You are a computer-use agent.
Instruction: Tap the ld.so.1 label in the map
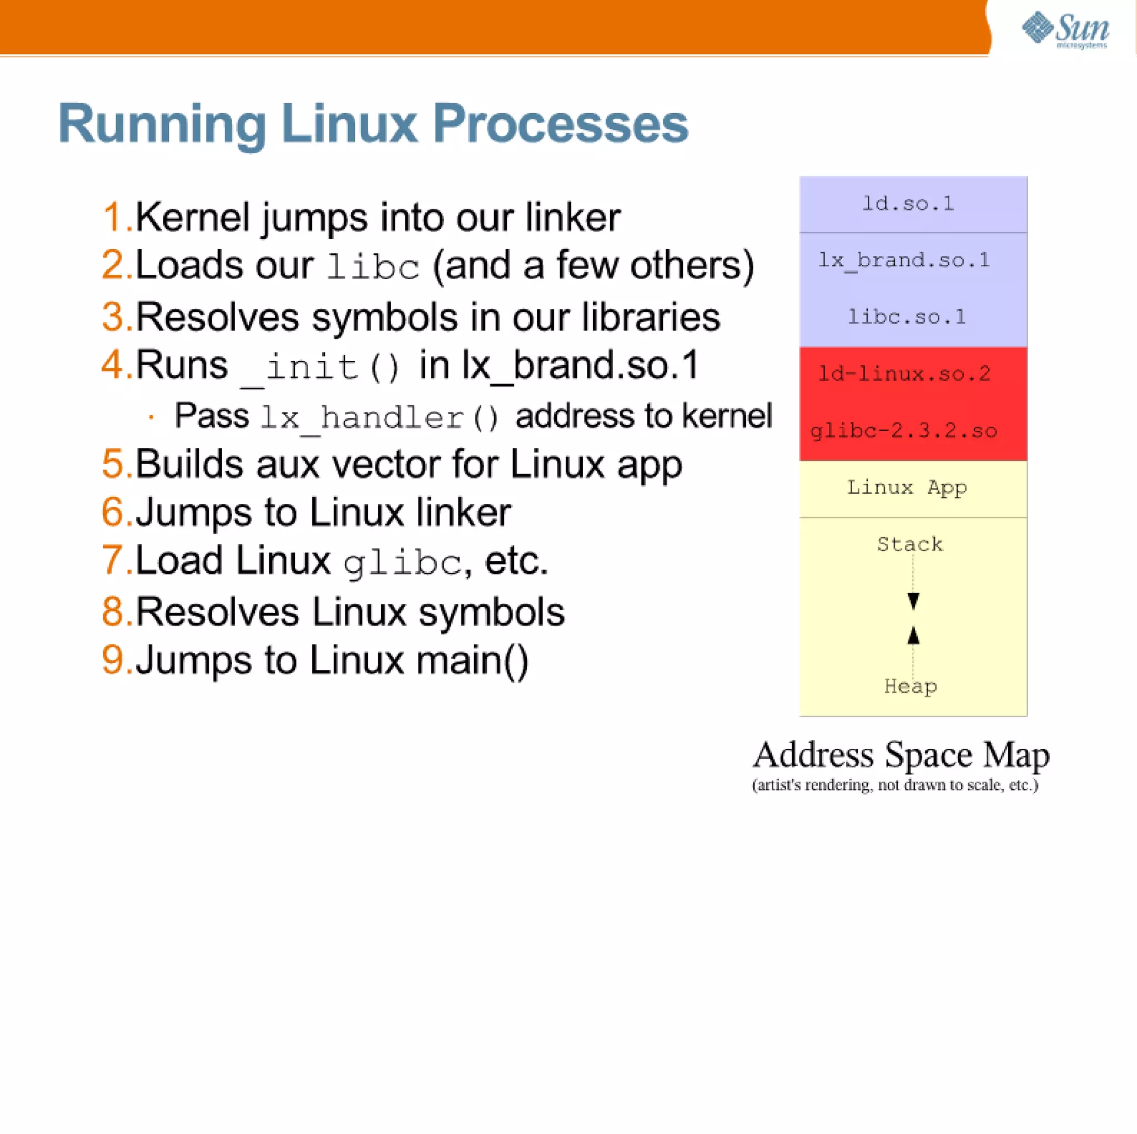click(908, 204)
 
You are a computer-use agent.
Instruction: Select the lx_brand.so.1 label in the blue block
click(904, 260)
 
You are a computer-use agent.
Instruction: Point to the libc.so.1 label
click(907, 317)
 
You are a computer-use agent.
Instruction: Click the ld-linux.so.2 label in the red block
click(904, 374)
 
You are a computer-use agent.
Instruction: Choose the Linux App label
click(907, 487)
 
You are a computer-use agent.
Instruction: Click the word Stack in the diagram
click(910, 545)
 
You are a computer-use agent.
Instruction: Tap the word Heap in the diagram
click(910, 686)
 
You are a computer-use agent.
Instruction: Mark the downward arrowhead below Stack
click(913, 601)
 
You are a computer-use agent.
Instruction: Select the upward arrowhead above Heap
click(913, 636)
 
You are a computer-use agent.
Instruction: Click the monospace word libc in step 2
click(373, 266)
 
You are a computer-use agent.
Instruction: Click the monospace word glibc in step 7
click(403, 563)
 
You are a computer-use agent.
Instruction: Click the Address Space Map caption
click(901, 755)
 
